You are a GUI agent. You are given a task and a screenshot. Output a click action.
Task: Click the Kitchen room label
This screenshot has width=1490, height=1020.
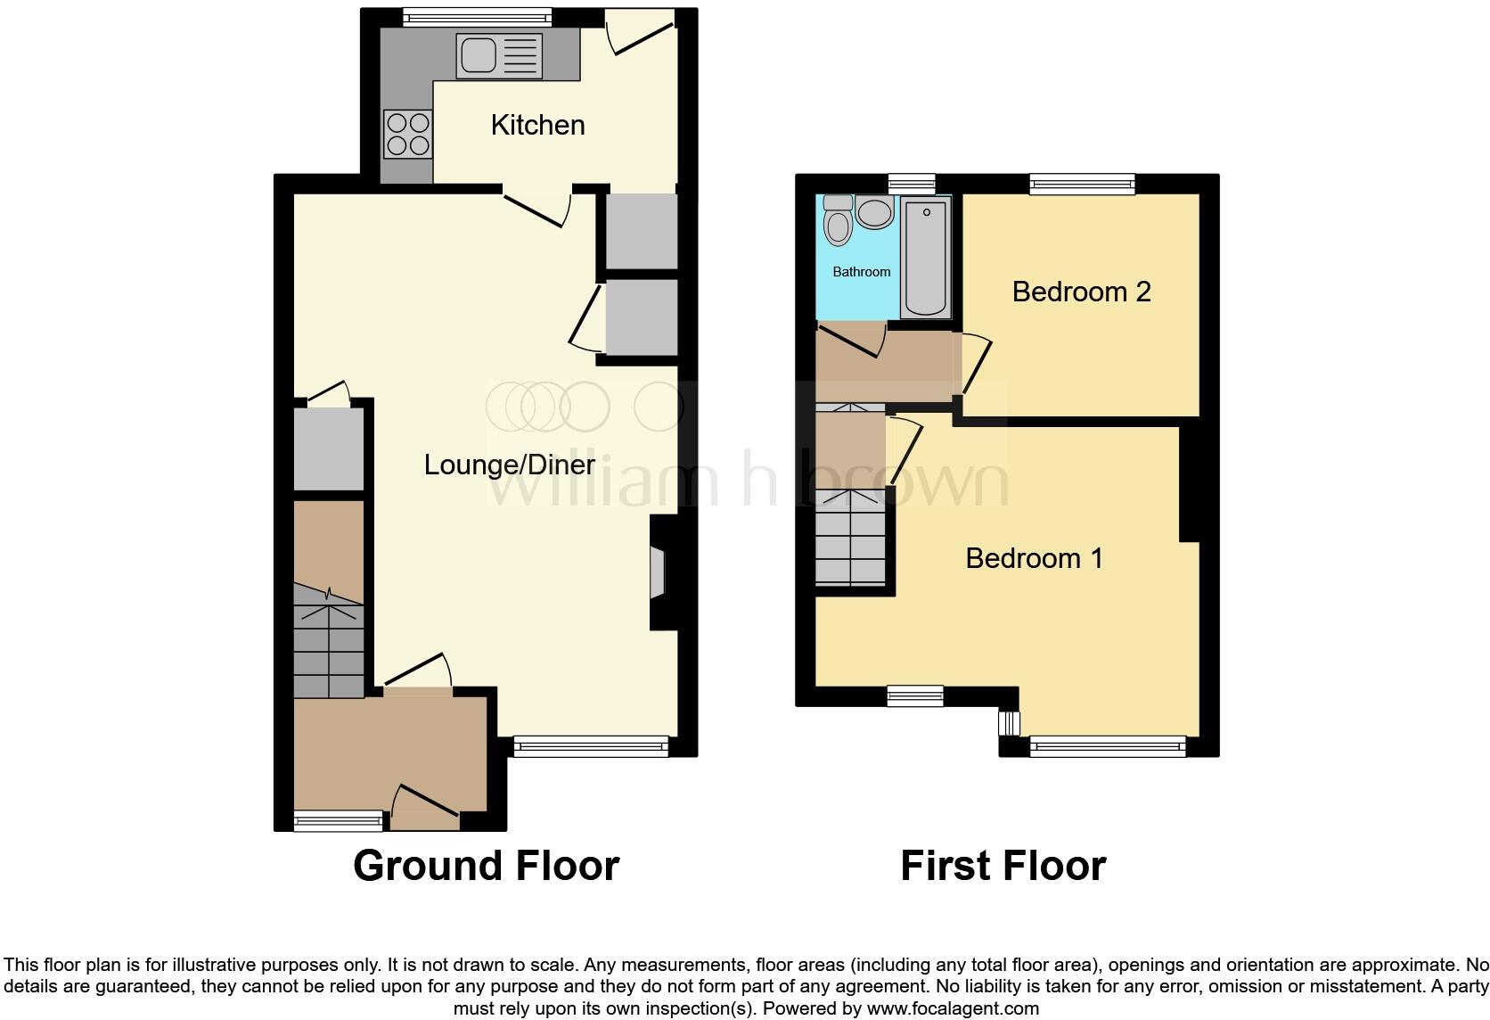click(x=537, y=125)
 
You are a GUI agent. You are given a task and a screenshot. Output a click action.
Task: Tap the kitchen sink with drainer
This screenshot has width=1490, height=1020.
click(x=499, y=54)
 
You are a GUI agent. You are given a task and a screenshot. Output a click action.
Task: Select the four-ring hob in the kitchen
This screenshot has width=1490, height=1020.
click(x=408, y=134)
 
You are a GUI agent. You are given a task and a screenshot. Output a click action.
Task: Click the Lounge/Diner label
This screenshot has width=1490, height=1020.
click(x=509, y=465)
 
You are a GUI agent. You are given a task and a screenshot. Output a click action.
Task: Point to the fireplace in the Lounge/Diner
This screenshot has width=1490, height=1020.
click(x=659, y=572)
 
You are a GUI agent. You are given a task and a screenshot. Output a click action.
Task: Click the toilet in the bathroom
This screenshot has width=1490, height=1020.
click(x=838, y=219)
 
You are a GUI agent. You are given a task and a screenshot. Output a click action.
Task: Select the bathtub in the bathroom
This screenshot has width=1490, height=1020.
click(x=925, y=257)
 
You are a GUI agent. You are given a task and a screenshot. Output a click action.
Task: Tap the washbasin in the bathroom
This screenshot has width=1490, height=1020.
click(x=875, y=212)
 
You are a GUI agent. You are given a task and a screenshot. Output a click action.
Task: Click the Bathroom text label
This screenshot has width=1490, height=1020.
click(x=861, y=272)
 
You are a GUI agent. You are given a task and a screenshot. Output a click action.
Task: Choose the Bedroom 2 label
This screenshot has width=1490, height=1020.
click(x=1081, y=292)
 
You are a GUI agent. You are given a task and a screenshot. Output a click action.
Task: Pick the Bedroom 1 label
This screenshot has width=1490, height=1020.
click(x=1034, y=558)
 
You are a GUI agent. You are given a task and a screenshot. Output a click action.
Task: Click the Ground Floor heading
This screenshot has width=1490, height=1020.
click(x=486, y=866)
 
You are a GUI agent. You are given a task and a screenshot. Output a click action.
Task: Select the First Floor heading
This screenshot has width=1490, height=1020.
click(x=1003, y=866)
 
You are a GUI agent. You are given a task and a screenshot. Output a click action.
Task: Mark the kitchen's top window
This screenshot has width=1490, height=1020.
click(x=477, y=15)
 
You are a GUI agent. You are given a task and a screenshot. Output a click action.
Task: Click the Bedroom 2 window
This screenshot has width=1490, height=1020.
click(x=1082, y=184)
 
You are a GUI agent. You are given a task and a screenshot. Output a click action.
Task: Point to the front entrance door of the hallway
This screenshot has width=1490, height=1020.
click(x=425, y=802)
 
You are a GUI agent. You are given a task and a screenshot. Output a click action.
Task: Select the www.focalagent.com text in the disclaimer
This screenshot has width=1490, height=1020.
click(x=953, y=1008)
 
